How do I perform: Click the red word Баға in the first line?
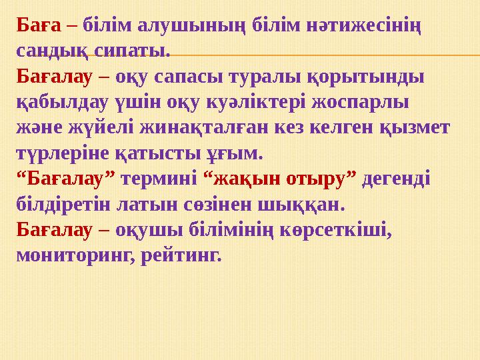(x=39, y=25)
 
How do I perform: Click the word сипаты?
(x=133, y=51)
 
